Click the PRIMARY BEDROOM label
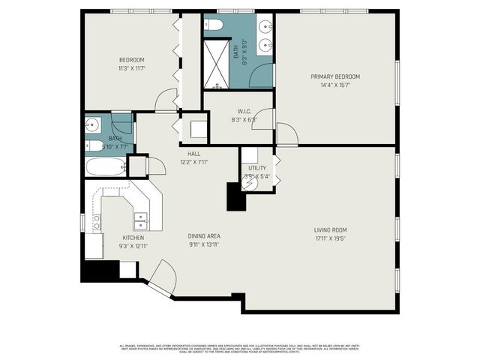[x=336, y=76]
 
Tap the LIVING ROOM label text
[x=330, y=229]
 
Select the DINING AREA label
[x=204, y=236]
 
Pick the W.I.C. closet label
[x=244, y=111]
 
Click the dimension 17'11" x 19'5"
[x=330, y=238]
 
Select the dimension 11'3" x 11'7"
[x=131, y=68]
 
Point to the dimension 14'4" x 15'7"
[x=336, y=85]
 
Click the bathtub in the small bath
[x=104, y=166]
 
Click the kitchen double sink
[x=140, y=220]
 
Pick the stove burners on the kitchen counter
[x=97, y=222]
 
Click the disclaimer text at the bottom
[x=240, y=348]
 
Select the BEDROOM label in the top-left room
[x=131, y=60]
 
